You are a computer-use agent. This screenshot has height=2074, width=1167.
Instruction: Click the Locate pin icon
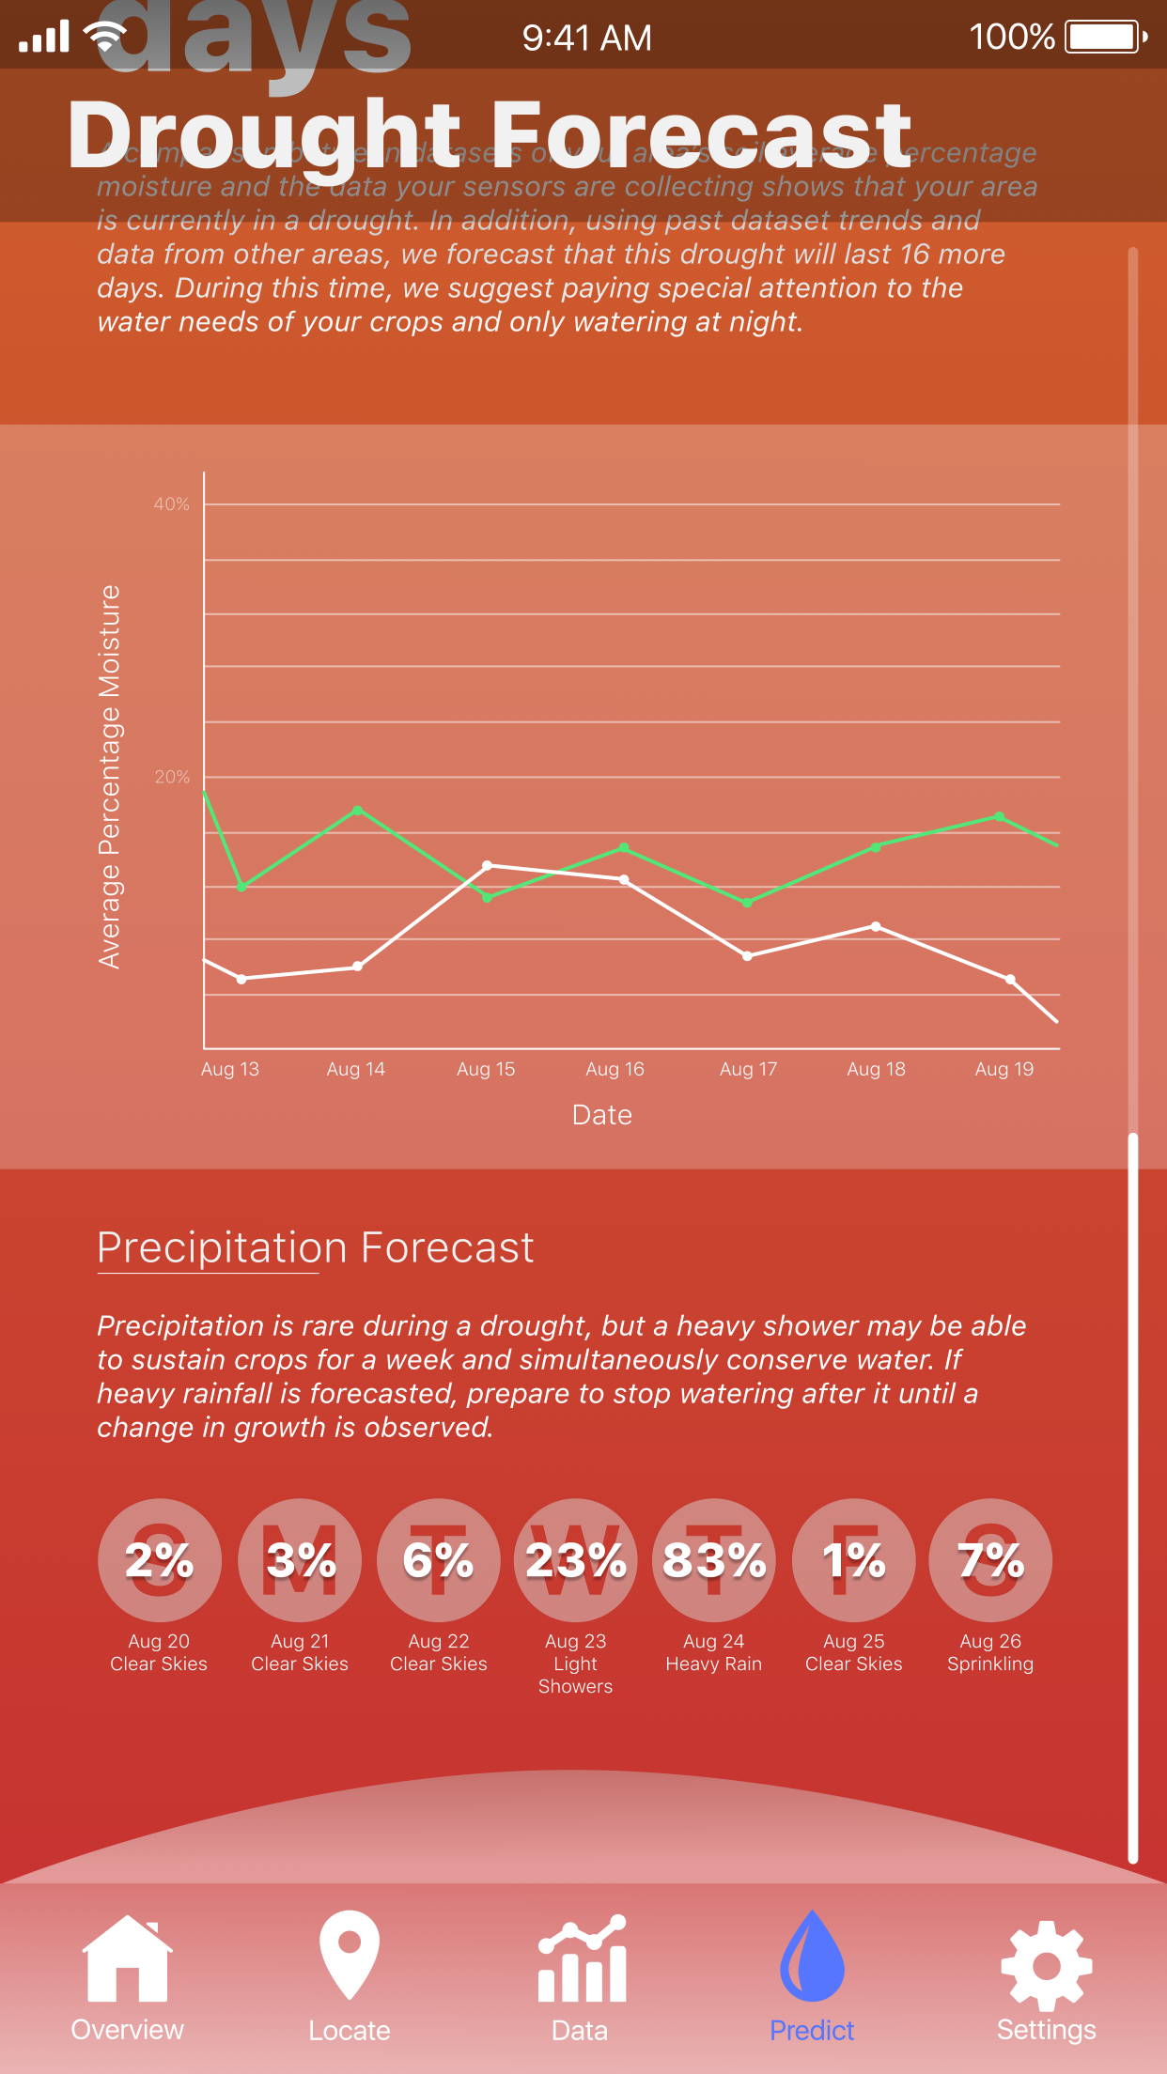pyautogui.click(x=350, y=1954)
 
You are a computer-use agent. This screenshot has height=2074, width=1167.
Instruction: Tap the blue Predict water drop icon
pyautogui.click(x=812, y=1956)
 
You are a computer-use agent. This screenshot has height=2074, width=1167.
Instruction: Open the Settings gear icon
pyautogui.click(x=1046, y=1965)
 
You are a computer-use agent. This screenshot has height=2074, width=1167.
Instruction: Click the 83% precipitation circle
pyautogui.click(x=714, y=1560)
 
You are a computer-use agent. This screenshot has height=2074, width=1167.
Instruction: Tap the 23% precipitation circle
pyautogui.click(x=576, y=1560)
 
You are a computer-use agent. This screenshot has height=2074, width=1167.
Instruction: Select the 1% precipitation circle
pyautogui.click(x=853, y=1560)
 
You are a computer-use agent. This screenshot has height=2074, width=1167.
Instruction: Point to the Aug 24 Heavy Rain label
pyautogui.click(x=714, y=1652)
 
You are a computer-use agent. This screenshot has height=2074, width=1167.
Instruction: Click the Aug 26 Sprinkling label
pyautogui.click(x=990, y=1652)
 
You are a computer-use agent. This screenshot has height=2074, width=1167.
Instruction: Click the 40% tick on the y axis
pyautogui.click(x=172, y=504)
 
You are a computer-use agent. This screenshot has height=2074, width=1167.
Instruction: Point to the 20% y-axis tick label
pyautogui.click(x=172, y=777)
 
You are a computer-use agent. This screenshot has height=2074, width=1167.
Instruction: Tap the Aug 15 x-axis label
pyautogui.click(x=486, y=1069)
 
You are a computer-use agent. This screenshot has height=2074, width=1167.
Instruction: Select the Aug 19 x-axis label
pyautogui.click(x=1004, y=1069)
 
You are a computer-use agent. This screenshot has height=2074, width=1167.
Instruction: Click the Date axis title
pyautogui.click(x=602, y=1115)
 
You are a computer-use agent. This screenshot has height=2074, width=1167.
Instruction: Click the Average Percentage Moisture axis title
pyautogui.click(x=110, y=776)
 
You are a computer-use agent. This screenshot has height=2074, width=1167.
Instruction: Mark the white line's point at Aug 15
pyautogui.click(x=487, y=865)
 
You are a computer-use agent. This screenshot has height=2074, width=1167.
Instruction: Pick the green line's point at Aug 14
pyautogui.click(x=358, y=810)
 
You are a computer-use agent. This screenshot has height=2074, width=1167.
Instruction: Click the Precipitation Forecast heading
pyautogui.click(x=316, y=1247)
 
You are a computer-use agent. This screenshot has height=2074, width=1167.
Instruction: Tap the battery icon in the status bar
pyautogui.click(x=1105, y=38)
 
